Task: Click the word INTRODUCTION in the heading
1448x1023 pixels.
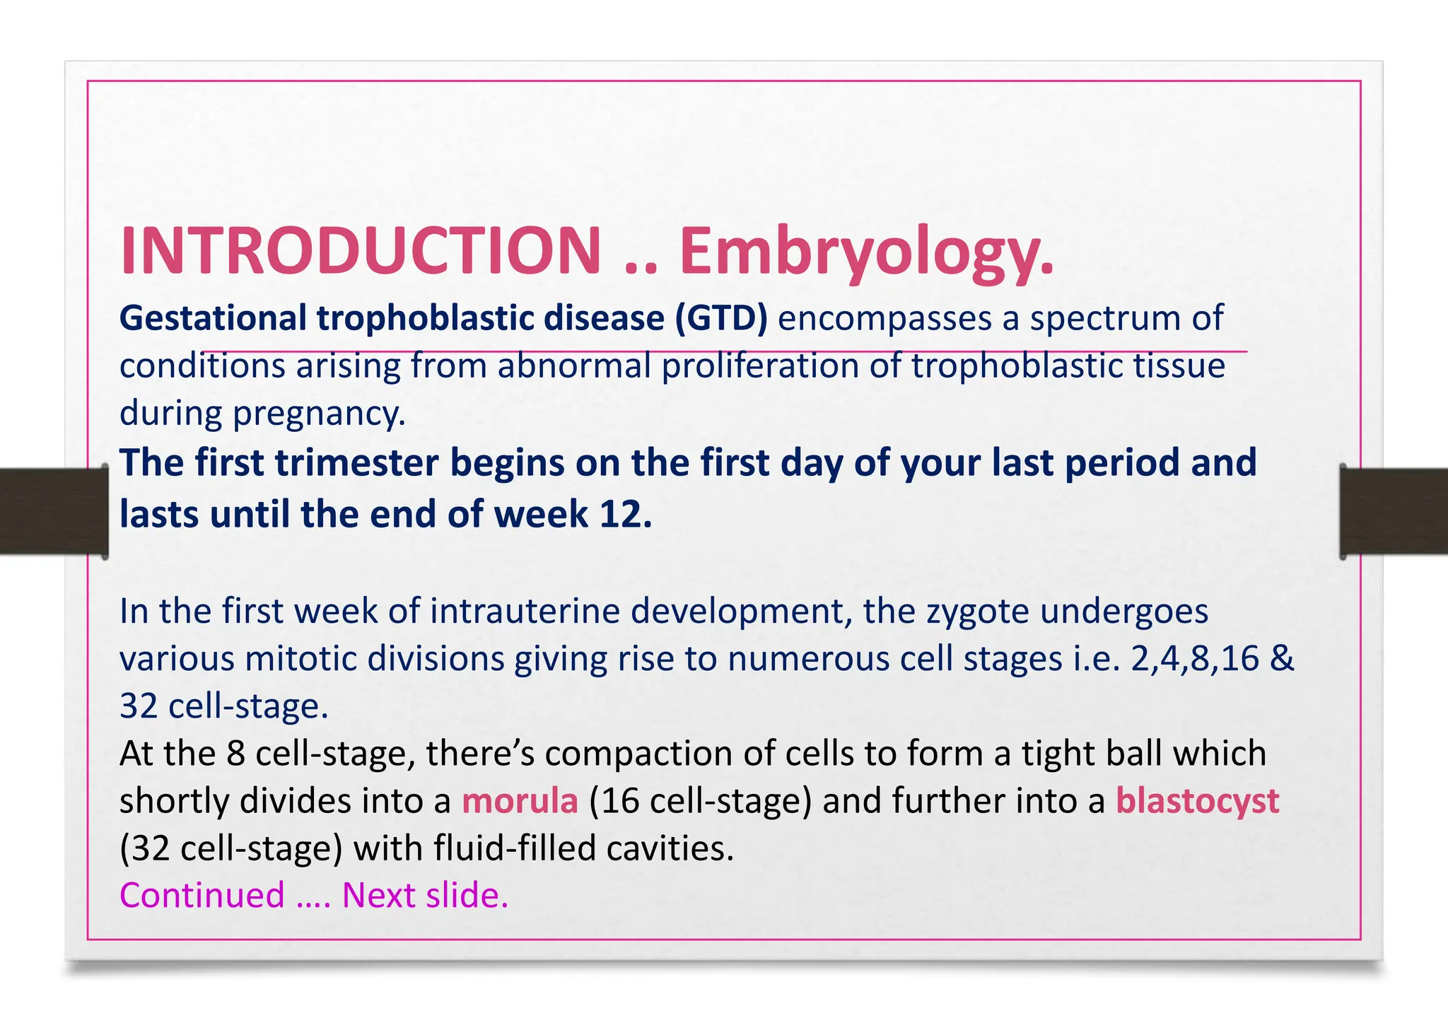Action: point(361,251)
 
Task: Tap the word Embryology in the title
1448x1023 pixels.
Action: point(866,252)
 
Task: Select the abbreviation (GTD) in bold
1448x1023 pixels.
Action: point(720,318)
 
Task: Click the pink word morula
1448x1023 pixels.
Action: point(520,801)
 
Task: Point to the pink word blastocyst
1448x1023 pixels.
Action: point(1197,801)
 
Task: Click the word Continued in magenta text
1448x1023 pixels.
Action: point(202,895)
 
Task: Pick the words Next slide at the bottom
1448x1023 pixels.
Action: point(424,895)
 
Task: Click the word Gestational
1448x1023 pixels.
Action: point(213,318)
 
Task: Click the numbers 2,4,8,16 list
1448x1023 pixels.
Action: point(1195,658)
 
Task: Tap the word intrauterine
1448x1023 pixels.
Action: point(525,611)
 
